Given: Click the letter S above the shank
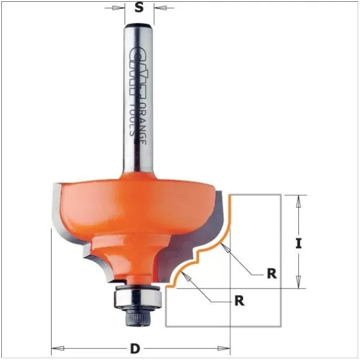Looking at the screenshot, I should click(x=139, y=8).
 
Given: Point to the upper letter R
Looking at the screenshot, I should click(x=272, y=274).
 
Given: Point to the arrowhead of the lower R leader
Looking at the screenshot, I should click(x=187, y=275).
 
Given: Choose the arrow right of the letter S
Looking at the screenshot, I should click(x=158, y=8).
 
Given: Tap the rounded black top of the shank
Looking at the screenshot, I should click(x=139, y=25).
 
